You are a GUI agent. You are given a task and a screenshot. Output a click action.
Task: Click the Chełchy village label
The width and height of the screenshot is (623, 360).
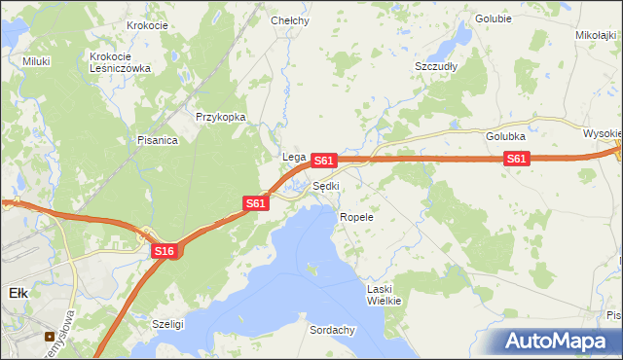coord(290,20)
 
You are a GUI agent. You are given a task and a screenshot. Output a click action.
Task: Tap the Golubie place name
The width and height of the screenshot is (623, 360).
coord(494,18)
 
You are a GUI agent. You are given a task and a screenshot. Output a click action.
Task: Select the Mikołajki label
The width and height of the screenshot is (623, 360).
coord(597,35)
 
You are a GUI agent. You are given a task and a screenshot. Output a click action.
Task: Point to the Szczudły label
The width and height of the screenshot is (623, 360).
coord(437,66)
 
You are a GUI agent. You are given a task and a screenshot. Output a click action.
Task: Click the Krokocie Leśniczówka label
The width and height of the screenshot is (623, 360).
coord(120,62)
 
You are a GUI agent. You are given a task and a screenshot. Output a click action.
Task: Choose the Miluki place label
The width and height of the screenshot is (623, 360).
coord(36,61)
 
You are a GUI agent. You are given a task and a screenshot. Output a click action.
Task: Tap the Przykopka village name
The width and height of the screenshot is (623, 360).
coord(221,117)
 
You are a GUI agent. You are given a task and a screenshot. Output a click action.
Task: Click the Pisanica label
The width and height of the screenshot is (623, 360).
coord(157,140)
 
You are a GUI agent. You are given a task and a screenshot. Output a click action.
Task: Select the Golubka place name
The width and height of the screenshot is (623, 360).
coord(506,137)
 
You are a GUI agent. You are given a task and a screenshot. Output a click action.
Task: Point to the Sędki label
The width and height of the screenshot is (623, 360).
coord(326,186)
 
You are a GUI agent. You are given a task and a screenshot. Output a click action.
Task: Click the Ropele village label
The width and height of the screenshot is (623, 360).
coord(356,217)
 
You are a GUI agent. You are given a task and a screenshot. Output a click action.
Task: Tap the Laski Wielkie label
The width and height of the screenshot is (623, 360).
coord(384,295)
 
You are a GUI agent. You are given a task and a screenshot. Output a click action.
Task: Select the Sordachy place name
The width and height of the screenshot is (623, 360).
coord(332,330)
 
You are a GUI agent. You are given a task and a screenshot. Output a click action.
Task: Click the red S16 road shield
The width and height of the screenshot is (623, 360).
coord(165,251)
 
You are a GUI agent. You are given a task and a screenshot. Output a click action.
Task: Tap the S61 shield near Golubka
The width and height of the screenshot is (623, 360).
coord(517,159)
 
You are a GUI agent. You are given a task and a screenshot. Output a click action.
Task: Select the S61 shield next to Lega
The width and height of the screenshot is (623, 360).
coord(325,159)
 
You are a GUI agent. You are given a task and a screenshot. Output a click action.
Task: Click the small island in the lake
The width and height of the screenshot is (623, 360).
coord(311,267)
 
